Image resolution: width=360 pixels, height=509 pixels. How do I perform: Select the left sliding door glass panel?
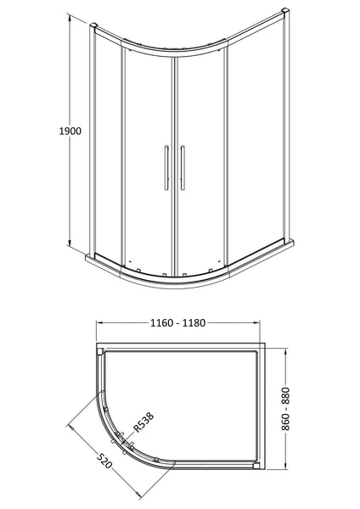click(148, 161)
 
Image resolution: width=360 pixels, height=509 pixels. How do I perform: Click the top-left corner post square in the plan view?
click(101, 350)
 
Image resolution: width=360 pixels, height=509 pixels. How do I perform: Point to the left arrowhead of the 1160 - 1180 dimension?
click(98, 324)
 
